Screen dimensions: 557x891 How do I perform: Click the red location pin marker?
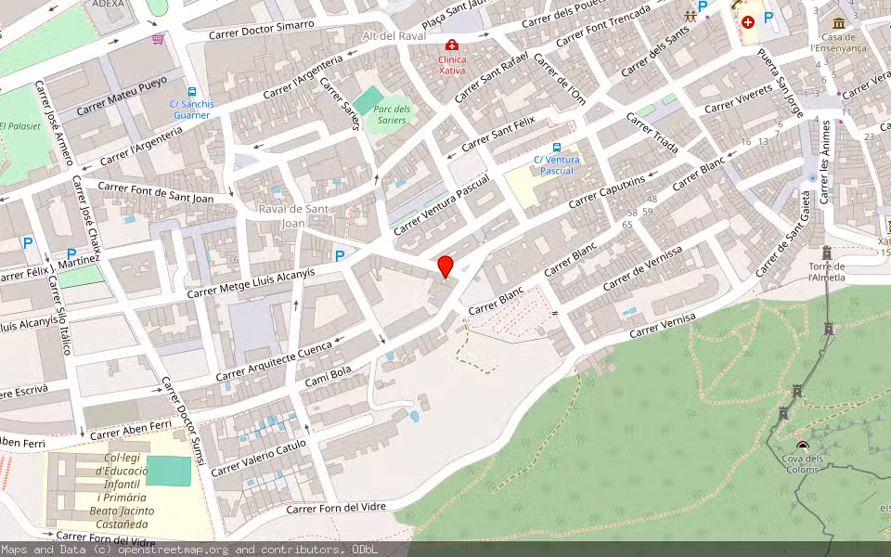tap(445, 266)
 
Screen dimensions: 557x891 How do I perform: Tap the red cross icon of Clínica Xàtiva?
tap(452, 45)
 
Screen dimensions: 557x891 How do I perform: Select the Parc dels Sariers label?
tap(392, 114)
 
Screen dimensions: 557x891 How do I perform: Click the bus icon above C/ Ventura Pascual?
tap(557, 147)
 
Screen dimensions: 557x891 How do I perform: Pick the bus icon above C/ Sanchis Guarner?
tap(191, 92)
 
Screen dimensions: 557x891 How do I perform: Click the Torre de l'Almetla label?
tap(826, 271)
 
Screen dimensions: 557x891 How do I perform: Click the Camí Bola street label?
tap(328, 376)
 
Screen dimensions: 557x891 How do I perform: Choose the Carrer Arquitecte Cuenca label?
tap(274, 361)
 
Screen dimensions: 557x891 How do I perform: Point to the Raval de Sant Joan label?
tap(293, 215)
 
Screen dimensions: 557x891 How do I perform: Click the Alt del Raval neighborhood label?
tap(394, 35)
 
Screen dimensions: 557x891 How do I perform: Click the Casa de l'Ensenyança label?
tap(838, 42)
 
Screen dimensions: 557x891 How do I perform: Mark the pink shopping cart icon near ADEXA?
tap(158, 39)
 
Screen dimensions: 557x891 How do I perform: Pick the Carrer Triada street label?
tap(652, 134)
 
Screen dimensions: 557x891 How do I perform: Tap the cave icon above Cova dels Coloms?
tap(802, 447)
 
